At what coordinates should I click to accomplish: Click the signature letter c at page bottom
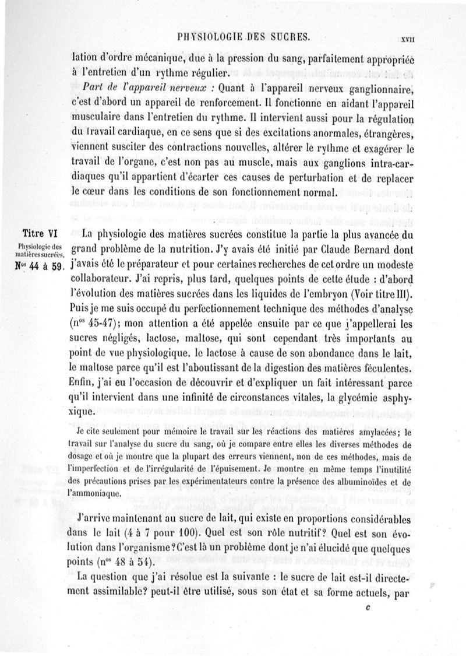pos(367,606)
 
